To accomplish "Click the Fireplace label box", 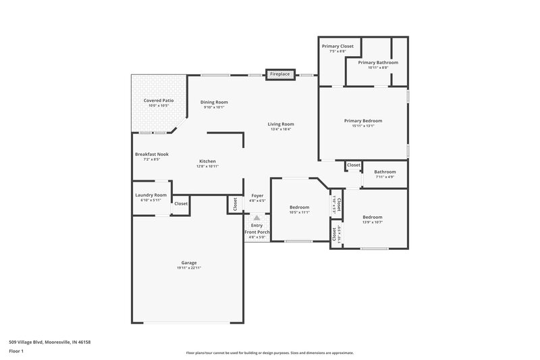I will coord(281,74).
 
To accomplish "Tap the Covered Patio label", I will coord(159,101).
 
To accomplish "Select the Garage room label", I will coord(189,263).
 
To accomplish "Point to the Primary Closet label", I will coord(337,46).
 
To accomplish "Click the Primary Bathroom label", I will coord(377,62).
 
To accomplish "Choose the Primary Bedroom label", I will coord(363,121).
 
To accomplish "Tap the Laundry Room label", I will coord(151,195).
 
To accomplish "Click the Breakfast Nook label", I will coord(152,154).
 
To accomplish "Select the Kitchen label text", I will coord(207,161).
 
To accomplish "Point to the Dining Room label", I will coord(214,102).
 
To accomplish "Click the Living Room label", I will coord(281,124).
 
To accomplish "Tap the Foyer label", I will coord(257,195).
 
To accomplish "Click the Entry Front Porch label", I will coord(257,228).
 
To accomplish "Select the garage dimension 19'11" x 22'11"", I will coord(189,268).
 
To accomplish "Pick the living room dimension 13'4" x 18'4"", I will coord(281,129).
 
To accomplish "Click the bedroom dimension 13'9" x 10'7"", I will coord(373,222).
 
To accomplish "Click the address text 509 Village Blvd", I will coord(50,342).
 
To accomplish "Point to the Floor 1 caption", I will coord(16,351).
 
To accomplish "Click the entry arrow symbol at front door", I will coord(257,218).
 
